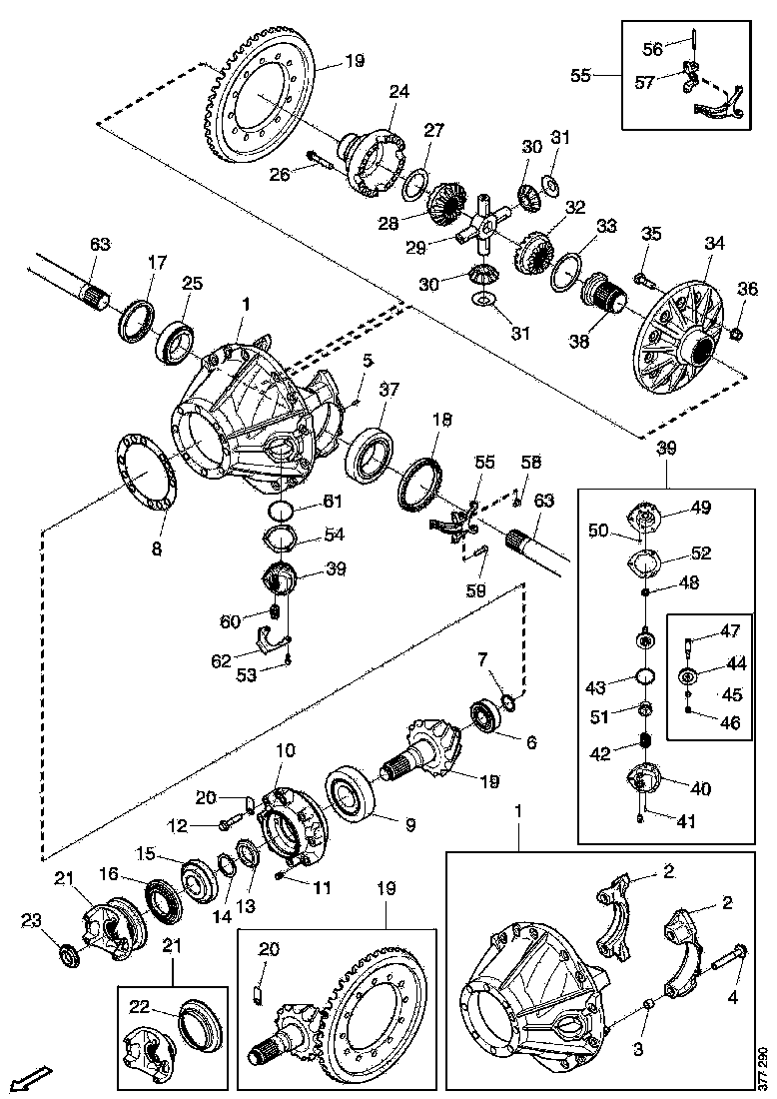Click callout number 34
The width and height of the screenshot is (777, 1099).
click(713, 243)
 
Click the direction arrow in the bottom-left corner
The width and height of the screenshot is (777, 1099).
click(32, 1077)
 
